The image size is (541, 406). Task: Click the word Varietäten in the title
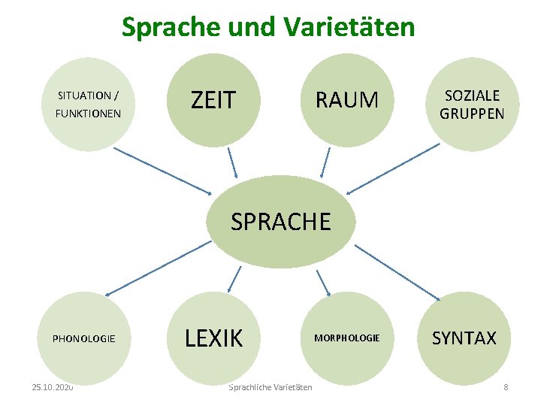coord(349,27)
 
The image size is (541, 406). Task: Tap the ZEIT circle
coord(213,100)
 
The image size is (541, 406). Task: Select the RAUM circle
coord(346,100)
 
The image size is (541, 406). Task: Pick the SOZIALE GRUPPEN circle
coord(472,105)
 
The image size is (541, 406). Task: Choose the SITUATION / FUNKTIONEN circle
coord(88,105)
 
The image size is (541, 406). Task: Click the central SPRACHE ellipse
coord(280,222)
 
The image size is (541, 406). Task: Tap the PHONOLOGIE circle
coord(83,338)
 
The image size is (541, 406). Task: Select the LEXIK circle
coord(213,338)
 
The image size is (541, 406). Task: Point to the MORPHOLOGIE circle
coord(346,338)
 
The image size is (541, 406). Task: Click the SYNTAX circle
coord(464,338)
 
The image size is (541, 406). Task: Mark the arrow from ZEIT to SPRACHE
coord(231,162)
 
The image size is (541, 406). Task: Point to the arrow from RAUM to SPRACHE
coord(325,162)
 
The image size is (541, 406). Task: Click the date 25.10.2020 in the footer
coord(53,387)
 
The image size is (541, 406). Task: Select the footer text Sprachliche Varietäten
coord(270,387)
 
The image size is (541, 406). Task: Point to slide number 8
coord(506,387)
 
